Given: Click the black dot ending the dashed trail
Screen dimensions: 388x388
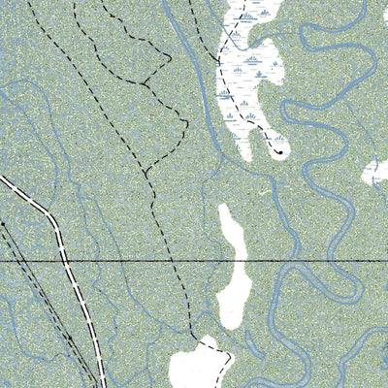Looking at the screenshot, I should pos(278,150).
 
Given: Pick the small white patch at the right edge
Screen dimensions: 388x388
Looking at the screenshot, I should pos(377,173).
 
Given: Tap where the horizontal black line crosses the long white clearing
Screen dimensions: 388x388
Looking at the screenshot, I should pos(233,262).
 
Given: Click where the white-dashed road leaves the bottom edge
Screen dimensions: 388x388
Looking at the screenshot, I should pos(100,386).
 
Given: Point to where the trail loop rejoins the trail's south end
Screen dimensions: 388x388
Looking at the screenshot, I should pos(145,175).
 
